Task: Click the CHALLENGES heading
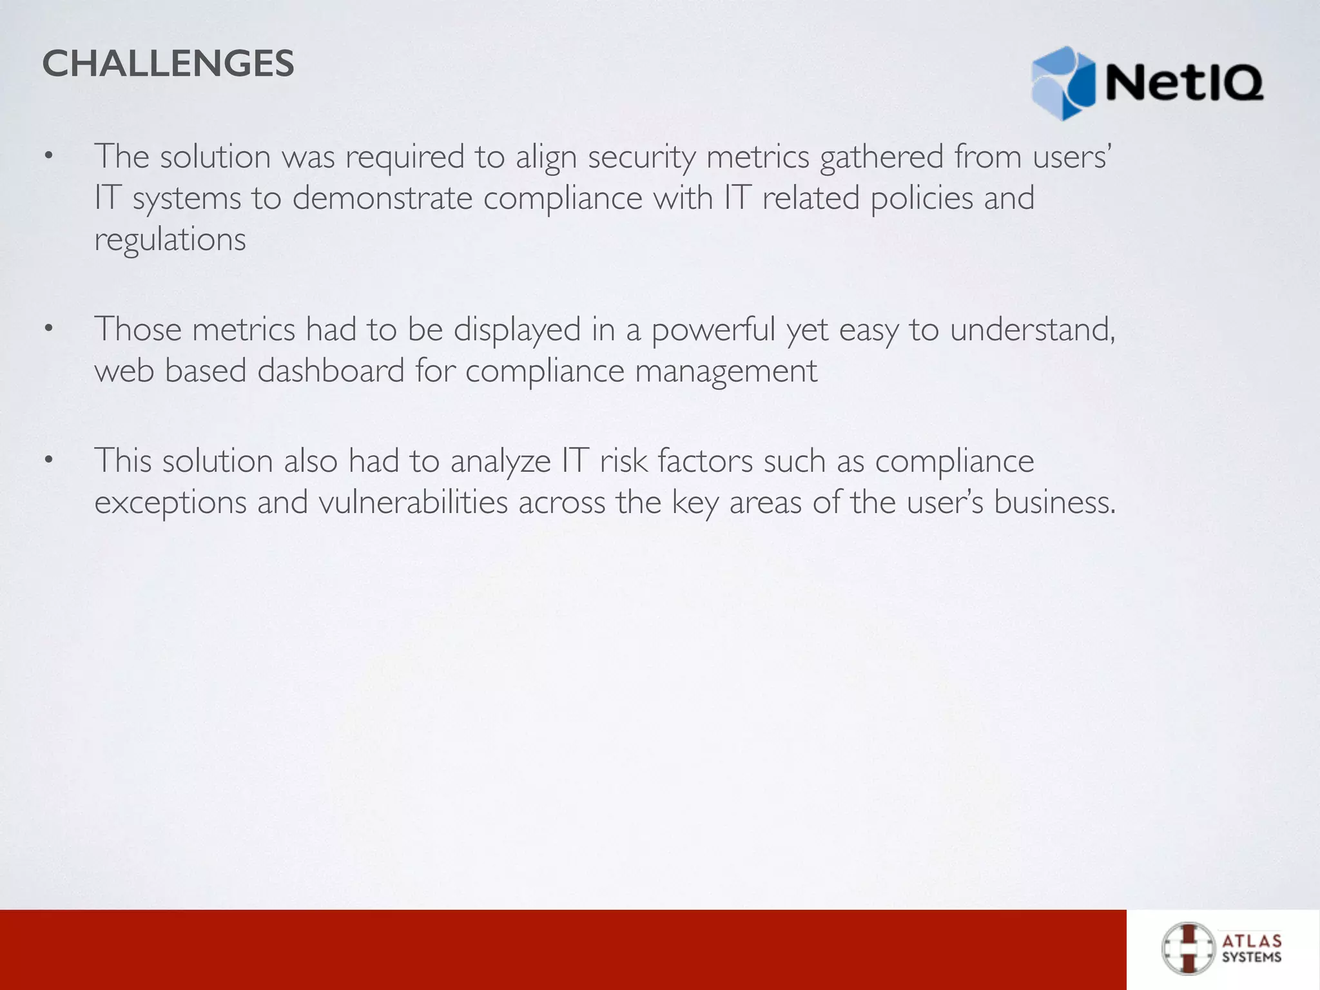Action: click(168, 64)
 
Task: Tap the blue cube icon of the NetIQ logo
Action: click(1063, 83)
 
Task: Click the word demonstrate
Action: click(382, 198)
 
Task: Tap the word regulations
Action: click(170, 240)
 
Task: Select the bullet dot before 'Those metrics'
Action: click(47, 329)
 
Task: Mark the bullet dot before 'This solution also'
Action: click(47, 460)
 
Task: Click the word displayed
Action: click(517, 330)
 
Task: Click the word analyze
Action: click(500, 461)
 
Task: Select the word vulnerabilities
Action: click(413, 503)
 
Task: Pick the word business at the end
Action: click(1052, 503)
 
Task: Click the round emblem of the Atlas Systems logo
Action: click(1188, 949)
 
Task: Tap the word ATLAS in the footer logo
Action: click(1252, 942)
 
